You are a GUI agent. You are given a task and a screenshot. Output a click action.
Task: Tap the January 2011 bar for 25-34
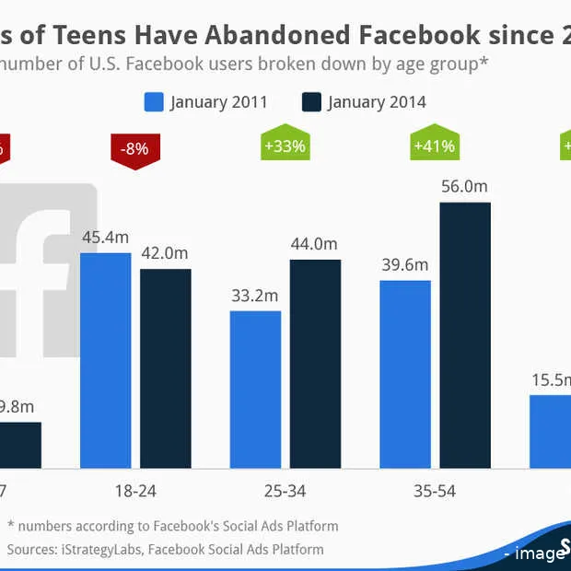(x=255, y=386)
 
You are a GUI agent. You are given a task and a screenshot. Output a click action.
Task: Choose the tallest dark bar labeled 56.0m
(x=465, y=332)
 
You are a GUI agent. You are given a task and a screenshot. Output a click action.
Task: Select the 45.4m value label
(x=106, y=237)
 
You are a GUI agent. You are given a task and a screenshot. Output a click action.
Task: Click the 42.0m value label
(x=166, y=253)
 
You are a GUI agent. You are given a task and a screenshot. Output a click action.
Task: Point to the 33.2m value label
(x=255, y=296)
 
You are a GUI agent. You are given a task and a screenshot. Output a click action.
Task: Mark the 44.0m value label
(x=315, y=244)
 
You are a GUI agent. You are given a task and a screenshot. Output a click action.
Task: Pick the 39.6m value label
(x=405, y=265)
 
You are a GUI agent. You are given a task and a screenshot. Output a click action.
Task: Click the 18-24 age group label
(x=135, y=490)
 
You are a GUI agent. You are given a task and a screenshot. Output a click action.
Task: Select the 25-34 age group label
(x=285, y=490)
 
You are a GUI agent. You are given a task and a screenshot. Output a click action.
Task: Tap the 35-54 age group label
(x=435, y=490)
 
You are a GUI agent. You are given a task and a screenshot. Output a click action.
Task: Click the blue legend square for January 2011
(x=154, y=101)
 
